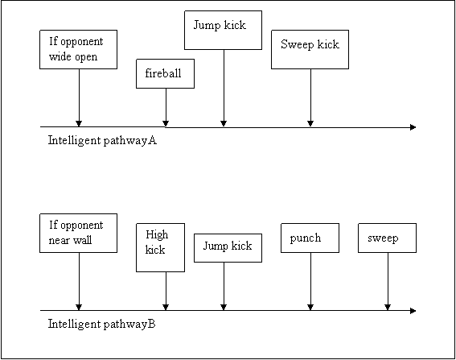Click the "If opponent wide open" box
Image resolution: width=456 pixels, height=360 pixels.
pyautogui.click(x=79, y=49)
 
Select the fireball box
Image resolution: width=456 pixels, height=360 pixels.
pyautogui.click(x=165, y=73)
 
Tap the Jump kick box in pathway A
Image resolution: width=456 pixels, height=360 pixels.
pyautogui.click(x=223, y=31)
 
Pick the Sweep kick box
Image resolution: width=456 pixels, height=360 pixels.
pyautogui.click(x=310, y=49)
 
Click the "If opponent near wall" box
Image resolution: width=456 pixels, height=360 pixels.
pyautogui.click(x=79, y=233)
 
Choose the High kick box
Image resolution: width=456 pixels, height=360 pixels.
pyautogui.click(x=161, y=247)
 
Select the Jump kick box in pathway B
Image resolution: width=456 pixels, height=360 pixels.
pyautogui.click(x=228, y=248)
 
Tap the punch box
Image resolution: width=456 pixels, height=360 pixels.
pyautogui.click(x=310, y=238)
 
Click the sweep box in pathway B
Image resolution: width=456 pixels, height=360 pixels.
pyautogui.click(x=387, y=238)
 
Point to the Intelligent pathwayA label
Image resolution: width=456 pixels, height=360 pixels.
pyautogui.click(x=102, y=141)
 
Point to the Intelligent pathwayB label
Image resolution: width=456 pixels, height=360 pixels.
pyautogui.click(x=102, y=325)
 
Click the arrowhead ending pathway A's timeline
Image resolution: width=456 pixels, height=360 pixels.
pyautogui.click(x=413, y=127)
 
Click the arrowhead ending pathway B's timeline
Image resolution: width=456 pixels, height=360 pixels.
pyautogui.click(x=413, y=311)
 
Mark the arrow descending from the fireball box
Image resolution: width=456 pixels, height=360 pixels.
pyautogui.click(x=166, y=107)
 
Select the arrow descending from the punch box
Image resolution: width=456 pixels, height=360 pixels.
pyautogui.click(x=310, y=281)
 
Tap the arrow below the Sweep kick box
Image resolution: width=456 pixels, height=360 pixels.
pyautogui.click(x=310, y=98)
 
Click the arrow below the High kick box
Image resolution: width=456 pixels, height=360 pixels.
pyautogui.click(x=166, y=291)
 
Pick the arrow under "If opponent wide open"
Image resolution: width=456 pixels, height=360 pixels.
pyautogui.click(x=79, y=98)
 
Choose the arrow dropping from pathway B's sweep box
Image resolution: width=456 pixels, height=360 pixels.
pyautogui.click(x=388, y=281)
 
